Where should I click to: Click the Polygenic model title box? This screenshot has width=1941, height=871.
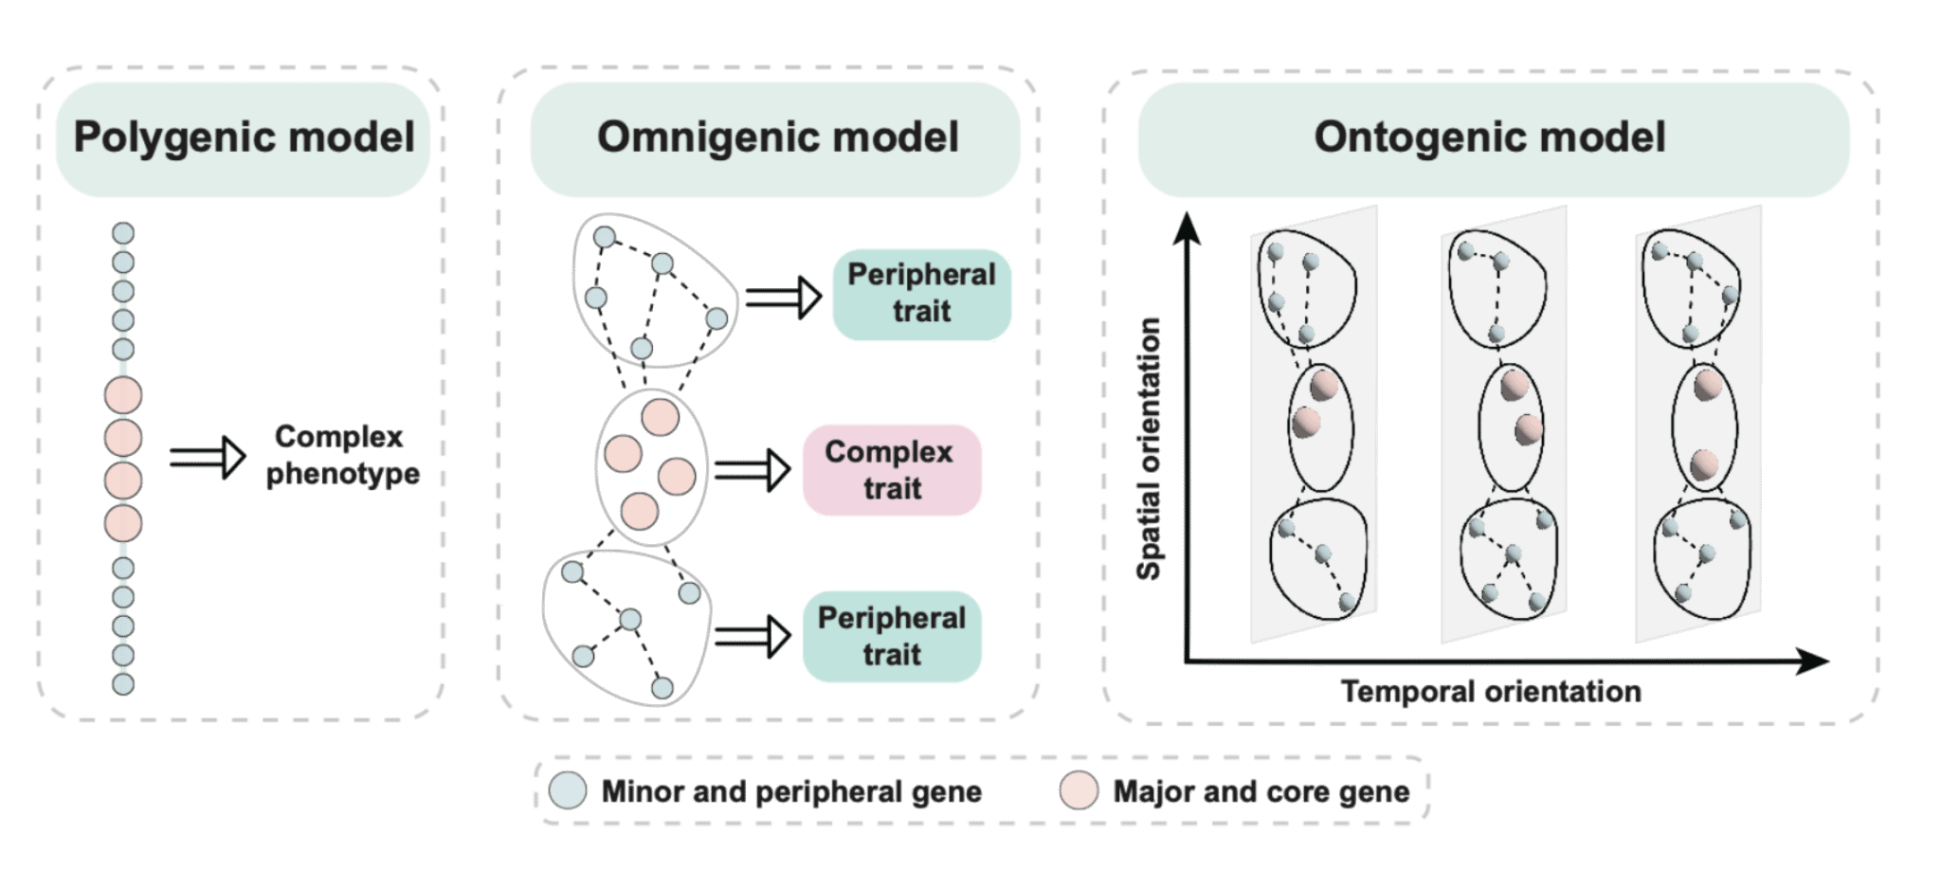244,138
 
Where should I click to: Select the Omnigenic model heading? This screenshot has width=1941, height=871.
777,138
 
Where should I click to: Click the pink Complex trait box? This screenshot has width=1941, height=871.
891,470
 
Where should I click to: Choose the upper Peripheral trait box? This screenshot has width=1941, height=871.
921,293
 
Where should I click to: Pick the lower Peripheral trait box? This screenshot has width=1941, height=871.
891,636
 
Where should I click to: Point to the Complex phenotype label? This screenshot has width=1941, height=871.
341,455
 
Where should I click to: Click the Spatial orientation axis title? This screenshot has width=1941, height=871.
1149,448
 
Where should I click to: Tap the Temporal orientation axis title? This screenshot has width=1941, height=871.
1491,691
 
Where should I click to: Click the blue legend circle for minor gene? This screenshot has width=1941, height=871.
568,790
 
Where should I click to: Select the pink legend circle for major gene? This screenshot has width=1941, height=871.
1079,790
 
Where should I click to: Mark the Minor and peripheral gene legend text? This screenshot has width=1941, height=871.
791,791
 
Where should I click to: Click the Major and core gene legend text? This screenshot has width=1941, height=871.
1261,791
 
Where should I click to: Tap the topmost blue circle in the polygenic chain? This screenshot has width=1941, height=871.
123,233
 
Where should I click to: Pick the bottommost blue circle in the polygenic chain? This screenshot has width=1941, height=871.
123,683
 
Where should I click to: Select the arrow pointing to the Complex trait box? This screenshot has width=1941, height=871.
753,469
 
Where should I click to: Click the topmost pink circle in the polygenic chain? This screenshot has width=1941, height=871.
123,395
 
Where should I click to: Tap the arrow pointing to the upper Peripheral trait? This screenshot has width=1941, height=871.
783,298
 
